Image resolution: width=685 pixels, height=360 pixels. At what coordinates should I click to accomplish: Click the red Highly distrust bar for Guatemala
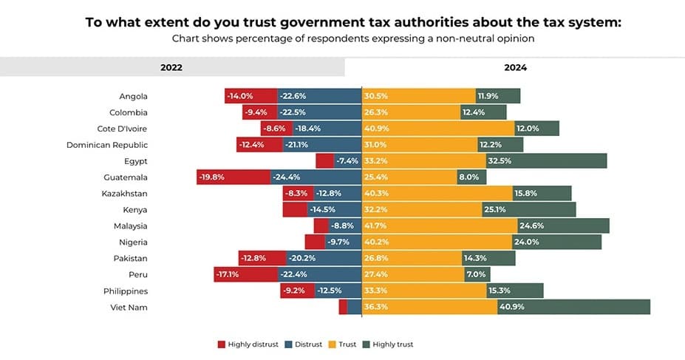coord(234,177)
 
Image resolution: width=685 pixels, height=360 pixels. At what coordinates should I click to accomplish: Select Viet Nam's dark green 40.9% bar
coord(573,307)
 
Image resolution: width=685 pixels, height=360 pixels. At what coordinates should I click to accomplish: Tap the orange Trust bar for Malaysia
coord(440,226)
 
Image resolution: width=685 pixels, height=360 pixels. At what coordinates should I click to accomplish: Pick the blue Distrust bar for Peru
coord(320,275)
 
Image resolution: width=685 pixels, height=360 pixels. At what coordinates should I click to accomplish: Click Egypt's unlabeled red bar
coord(325,161)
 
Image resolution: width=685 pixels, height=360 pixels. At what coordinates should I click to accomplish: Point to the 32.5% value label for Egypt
coord(500,161)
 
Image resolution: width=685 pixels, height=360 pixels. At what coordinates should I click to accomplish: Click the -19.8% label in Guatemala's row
coord(212,177)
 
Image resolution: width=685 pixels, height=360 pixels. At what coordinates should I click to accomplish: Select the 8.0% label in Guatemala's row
coord(468,177)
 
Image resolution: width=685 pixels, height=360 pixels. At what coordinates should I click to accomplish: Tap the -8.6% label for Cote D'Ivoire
coord(274,129)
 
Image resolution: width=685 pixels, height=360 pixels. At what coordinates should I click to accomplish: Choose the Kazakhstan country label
coord(124,194)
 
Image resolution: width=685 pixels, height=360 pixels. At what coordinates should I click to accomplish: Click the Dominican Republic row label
coord(107,145)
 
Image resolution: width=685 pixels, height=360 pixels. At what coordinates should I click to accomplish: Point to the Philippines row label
coord(126,291)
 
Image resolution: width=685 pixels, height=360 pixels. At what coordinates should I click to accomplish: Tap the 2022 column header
coord(171,68)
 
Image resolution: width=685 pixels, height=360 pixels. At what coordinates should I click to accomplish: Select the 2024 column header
coord(516,68)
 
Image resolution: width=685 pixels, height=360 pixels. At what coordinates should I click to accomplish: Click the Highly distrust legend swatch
coord(222,344)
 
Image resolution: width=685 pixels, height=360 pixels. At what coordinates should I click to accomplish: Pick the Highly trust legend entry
coord(388,344)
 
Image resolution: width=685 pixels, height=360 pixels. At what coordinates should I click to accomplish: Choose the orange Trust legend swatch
coord(332,344)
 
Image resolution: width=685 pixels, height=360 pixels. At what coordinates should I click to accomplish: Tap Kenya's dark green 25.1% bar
coord(529,210)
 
